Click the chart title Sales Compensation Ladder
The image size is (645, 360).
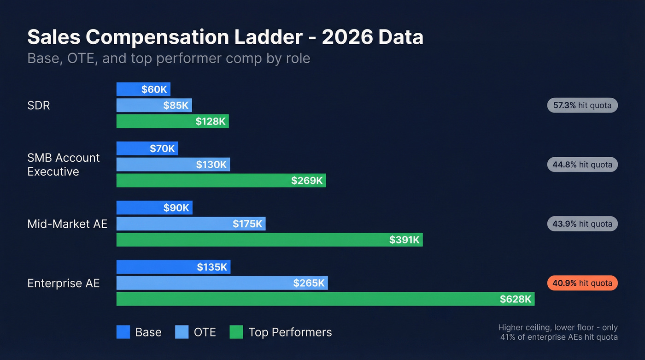coord(225,37)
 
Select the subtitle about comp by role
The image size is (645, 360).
coord(169,59)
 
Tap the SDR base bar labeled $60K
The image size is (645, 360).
coord(143,89)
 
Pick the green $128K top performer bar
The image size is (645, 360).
coord(172,121)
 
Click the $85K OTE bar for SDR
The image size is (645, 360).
coord(154,105)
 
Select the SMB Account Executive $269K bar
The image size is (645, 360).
coord(221,180)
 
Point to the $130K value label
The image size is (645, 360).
coord(211,165)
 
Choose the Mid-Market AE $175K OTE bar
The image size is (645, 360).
coord(191,224)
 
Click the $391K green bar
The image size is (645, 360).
coord(269,240)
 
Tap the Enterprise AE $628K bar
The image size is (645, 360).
coord(325,299)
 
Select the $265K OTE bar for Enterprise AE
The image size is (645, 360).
coord(222,283)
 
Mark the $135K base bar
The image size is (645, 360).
coord(173,267)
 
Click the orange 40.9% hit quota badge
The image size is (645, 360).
coord(582,283)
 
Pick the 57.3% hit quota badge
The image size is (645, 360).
coord(582,106)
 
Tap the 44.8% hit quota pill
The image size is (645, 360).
coord(582,165)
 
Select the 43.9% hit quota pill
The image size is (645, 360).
coord(582,224)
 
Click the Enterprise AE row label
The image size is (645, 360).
coord(64,283)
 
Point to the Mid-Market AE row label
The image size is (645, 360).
coord(67,224)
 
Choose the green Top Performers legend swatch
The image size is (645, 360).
coord(236,332)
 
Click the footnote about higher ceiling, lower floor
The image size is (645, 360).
coord(558,332)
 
